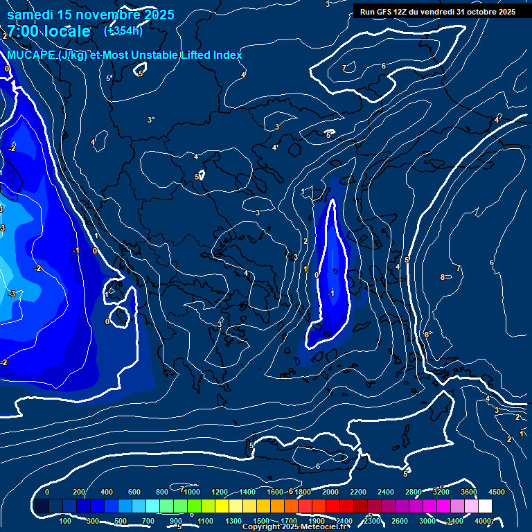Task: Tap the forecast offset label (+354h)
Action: (x=123, y=30)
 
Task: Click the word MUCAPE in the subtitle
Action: (x=31, y=55)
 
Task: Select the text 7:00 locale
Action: (x=48, y=31)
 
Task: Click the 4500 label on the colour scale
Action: (x=496, y=492)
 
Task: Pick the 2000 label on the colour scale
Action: (x=330, y=492)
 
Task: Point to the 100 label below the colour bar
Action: (x=66, y=521)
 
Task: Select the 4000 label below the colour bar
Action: (x=483, y=521)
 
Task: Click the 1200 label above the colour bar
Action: (x=219, y=492)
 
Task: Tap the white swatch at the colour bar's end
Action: (x=485, y=506)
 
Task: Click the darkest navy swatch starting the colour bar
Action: (x=42, y=506)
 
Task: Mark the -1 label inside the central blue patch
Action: (x=331, y=293)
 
